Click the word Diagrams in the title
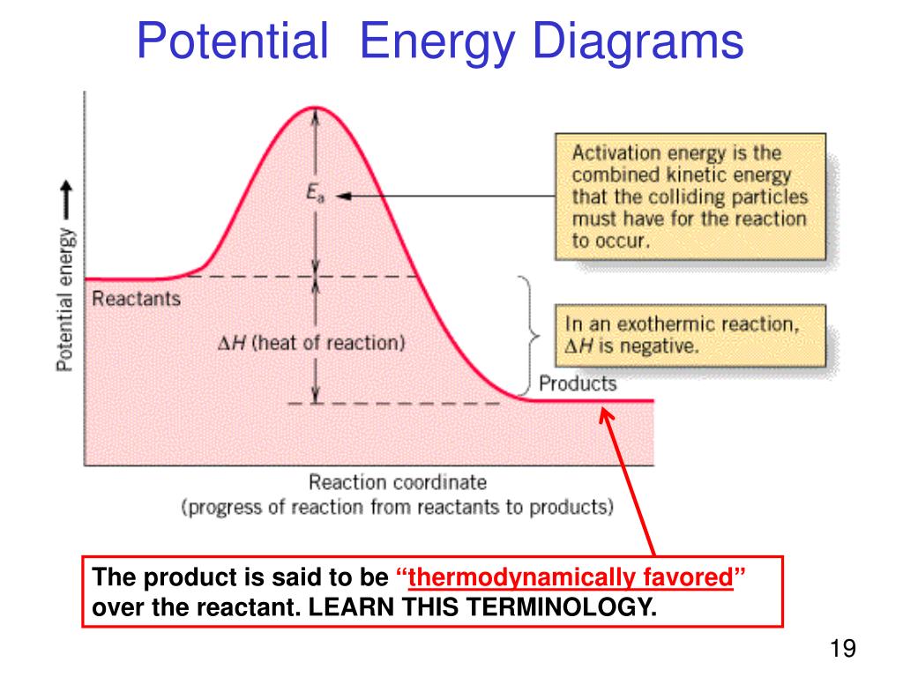point(638,41)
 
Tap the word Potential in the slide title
point(233,41)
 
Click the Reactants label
point(136,298)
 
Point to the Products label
point(578,383)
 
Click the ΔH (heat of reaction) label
point(311,343)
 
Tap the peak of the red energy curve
point(315,108)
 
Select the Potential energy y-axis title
point(65,300)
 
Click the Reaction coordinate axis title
point(398,482)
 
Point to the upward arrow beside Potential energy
point(67,200)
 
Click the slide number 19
point(842,648)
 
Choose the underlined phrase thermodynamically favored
point(571,577)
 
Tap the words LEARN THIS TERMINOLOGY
point(482,606)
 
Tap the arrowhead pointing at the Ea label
point(343,197)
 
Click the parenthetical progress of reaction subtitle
point(398,507)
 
